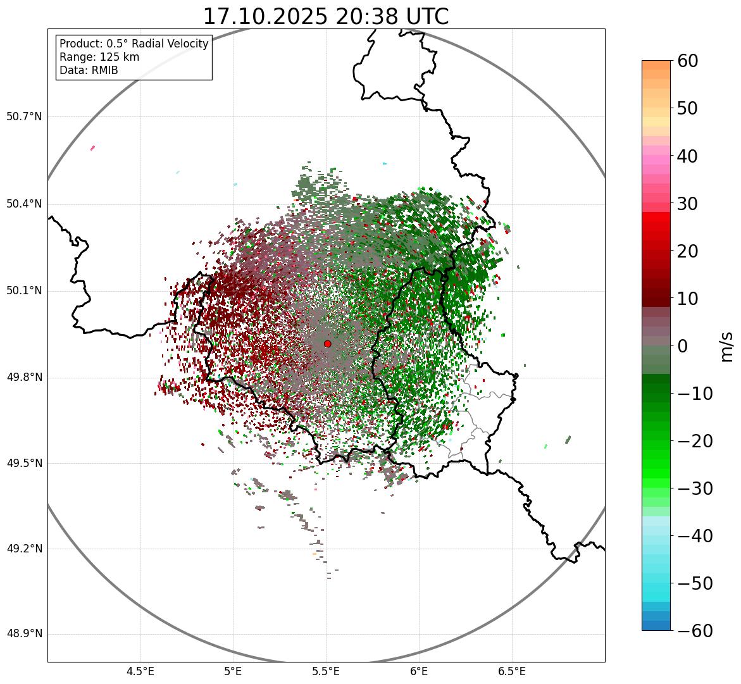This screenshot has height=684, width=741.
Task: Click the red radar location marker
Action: tap(327, 344)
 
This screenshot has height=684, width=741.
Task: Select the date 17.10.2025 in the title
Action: tap(265, 17)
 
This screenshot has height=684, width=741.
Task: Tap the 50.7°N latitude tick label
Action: tap(24, 116)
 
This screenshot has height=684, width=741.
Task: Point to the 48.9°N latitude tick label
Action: tap(24, 634)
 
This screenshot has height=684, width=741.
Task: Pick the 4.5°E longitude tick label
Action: tap(140, 671)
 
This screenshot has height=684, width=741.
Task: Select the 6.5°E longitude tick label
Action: tap(511, 671)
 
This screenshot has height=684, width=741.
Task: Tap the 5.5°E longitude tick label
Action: tap(326, 671)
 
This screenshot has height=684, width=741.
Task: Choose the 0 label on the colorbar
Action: tap(683, 346)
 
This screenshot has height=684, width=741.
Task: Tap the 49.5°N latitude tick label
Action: tap(24, 463)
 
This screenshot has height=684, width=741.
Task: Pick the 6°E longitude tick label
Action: tap(419, 671)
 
